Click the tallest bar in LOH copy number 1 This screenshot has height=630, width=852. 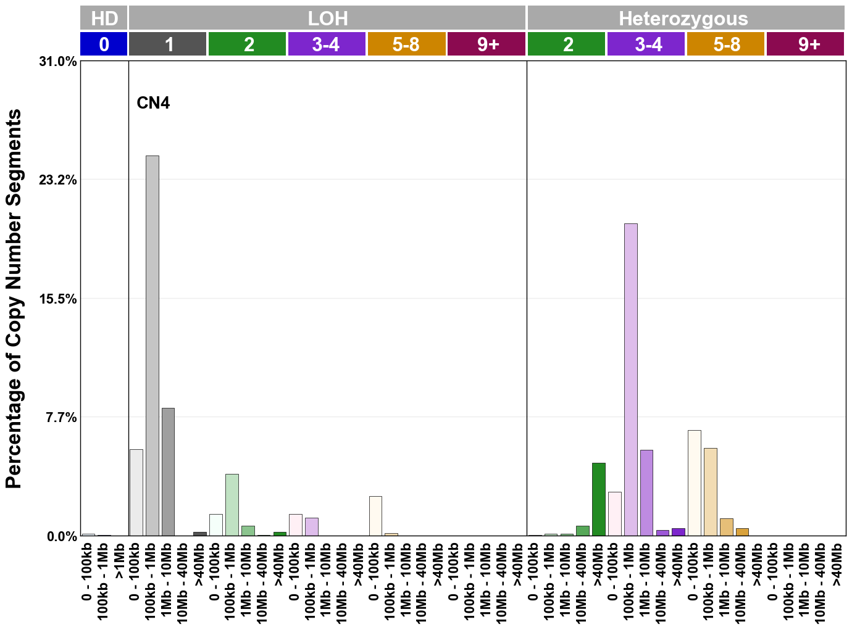152,346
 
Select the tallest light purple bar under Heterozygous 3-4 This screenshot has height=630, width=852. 630,379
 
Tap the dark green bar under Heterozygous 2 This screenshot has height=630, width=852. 598,499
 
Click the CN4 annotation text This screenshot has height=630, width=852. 153,103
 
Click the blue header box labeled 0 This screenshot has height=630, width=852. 104,44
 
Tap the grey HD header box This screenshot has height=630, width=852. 104,19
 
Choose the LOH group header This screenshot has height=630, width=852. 327,19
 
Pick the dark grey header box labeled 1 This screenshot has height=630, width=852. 168,44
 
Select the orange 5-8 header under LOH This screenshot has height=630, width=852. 406,44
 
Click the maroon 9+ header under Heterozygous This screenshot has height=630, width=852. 805,44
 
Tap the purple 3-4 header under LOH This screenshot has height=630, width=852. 327,44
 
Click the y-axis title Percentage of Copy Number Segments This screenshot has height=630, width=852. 14,299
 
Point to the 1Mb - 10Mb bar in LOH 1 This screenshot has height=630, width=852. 168,472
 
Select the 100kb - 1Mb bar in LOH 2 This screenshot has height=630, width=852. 232,505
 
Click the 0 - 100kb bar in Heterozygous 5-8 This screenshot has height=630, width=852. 694,483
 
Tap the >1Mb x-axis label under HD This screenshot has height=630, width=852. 120,562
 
